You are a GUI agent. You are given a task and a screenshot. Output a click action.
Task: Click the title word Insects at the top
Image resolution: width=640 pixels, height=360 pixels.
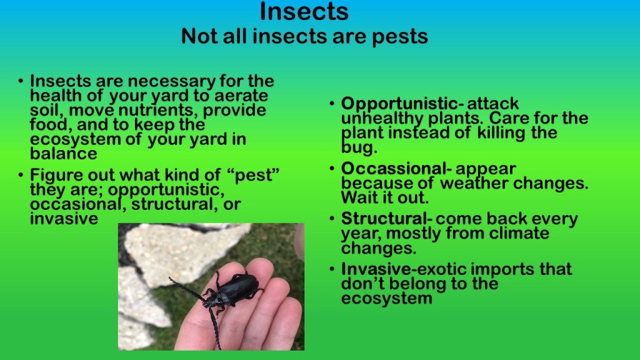tap(304, 11)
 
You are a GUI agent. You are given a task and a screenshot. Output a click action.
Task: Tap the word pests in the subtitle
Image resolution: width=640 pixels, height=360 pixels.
tap(399, 37)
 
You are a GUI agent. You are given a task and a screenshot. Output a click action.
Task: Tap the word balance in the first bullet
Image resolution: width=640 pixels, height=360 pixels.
tap(64, 154)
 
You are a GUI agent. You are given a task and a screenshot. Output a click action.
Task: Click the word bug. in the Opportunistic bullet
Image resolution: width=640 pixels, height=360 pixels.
tap(359, 147)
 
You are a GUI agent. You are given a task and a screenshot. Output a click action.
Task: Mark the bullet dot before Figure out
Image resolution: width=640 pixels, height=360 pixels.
tap(21, 176)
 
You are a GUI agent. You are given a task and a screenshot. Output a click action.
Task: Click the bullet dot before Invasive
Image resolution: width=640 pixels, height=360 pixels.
tap(332, 269)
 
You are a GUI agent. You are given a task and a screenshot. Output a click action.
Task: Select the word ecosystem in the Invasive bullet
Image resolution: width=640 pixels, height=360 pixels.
tap(386, 298)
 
